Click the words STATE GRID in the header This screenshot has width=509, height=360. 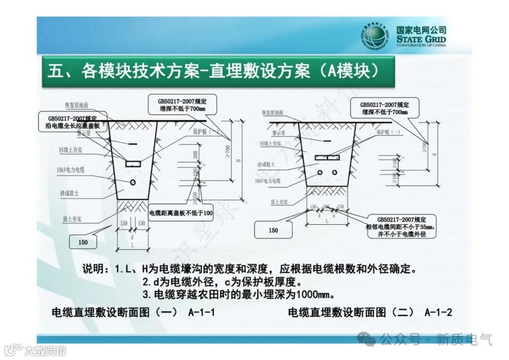tap(421, 38)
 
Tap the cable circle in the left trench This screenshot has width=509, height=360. tap(133, 182)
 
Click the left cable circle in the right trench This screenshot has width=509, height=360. tap(320, 172)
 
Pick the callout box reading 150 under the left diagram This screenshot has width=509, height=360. tap(83, 242)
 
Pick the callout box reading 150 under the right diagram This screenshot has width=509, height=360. tap(273, 230)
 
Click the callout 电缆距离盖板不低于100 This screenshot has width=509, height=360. tap(181, 213)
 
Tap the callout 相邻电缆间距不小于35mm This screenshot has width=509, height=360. tap(402, 227)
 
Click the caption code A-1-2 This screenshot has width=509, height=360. tap(438, 312)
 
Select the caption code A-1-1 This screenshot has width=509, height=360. tap(201, 312)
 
